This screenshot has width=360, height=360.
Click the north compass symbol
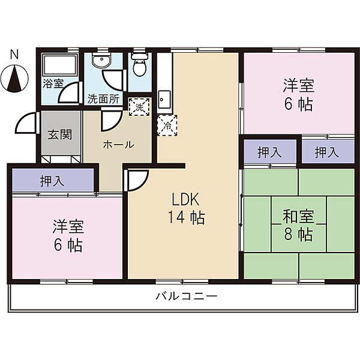[x=14, y=78]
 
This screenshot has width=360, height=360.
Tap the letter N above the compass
[x=14, y=55]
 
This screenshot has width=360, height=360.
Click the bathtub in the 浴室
[x=60, y=65]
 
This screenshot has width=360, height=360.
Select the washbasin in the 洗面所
[x=101, y=60]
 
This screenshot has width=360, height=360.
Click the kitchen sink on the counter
[x=164, y=99]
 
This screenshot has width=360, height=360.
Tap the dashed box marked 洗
[x=139, y=107]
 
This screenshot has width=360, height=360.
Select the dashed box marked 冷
[x=167, y=125]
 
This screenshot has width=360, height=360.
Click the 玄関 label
[x=60, y=134]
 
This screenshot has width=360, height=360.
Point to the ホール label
[x=118, y=145]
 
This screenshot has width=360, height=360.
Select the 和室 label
[x=298, y=217]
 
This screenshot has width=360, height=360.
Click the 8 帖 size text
[x=298, y=235]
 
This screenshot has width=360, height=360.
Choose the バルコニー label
[x=187, y=296]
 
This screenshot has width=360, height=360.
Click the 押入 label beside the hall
[x=52, y=181]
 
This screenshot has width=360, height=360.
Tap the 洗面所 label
[x=104, y=99]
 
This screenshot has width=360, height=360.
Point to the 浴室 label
[x=53, y=83]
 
